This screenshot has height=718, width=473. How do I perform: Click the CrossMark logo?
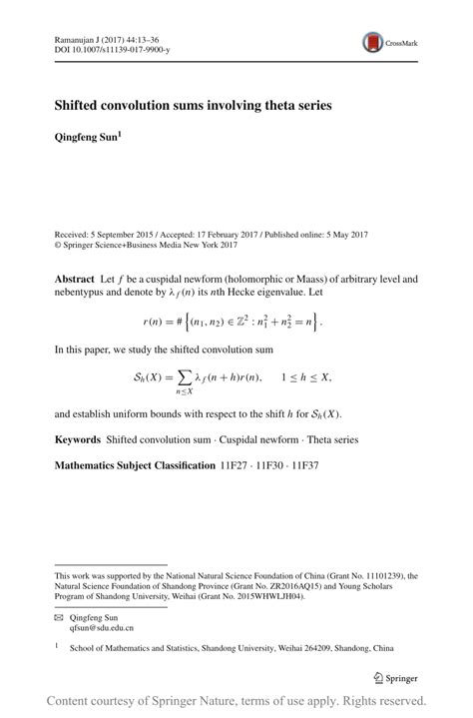(391, 42)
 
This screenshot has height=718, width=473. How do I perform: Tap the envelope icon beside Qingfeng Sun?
(59, 619)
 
